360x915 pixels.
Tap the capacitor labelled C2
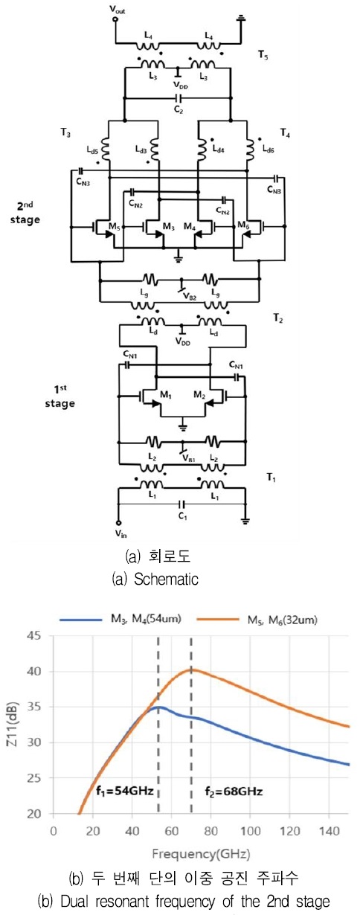pyautogui.click(x=179, y=98)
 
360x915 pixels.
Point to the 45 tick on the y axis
pyautogui.click(x=35, y=636)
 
